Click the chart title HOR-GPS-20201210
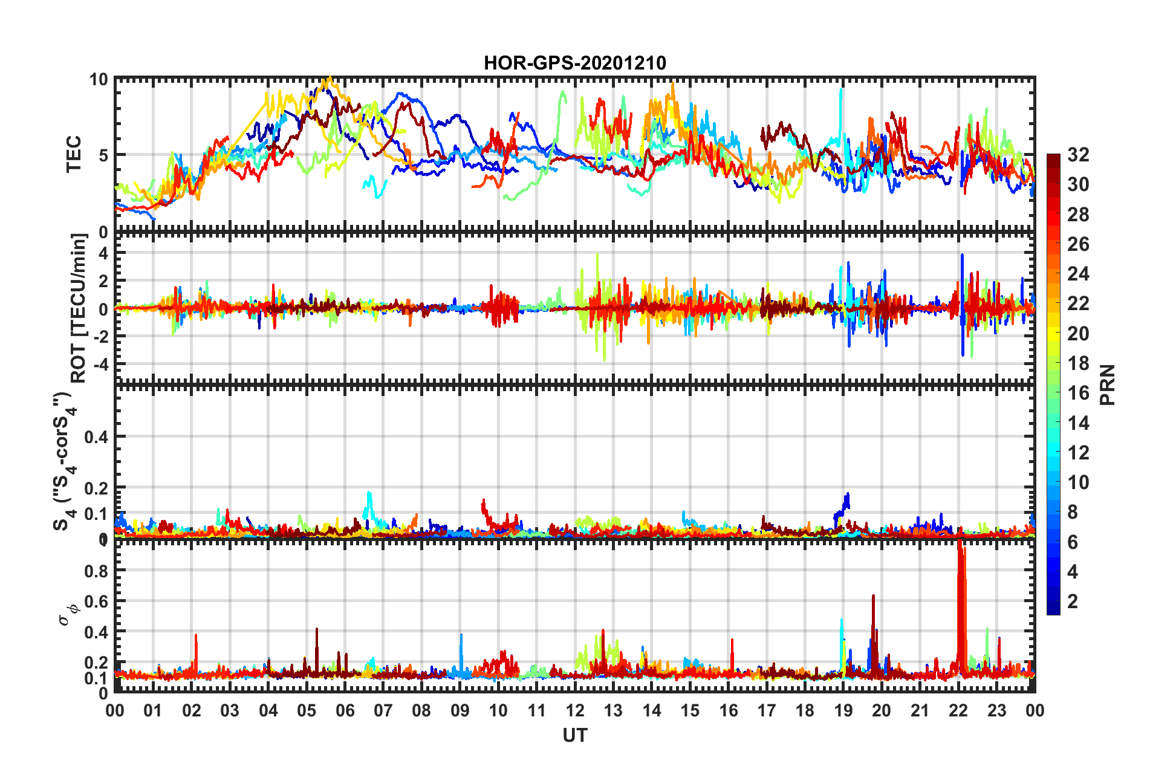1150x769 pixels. point(574,63)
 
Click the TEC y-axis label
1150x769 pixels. point(74,155)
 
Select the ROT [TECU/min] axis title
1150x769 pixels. point(79,308)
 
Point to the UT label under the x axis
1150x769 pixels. point(574,735)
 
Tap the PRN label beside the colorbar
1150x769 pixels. point(1108,385)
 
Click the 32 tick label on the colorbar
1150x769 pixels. point(1077,155)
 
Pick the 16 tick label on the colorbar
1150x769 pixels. point(1077,393)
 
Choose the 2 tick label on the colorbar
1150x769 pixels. point(1073,601)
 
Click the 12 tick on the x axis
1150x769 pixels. point(575,710)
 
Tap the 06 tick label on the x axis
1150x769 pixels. point(345,710)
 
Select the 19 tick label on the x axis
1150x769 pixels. point(843,710)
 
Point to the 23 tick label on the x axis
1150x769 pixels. point(996,710)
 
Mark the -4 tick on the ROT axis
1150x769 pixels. point(99,364)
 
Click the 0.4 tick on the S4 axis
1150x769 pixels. point(97,436)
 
